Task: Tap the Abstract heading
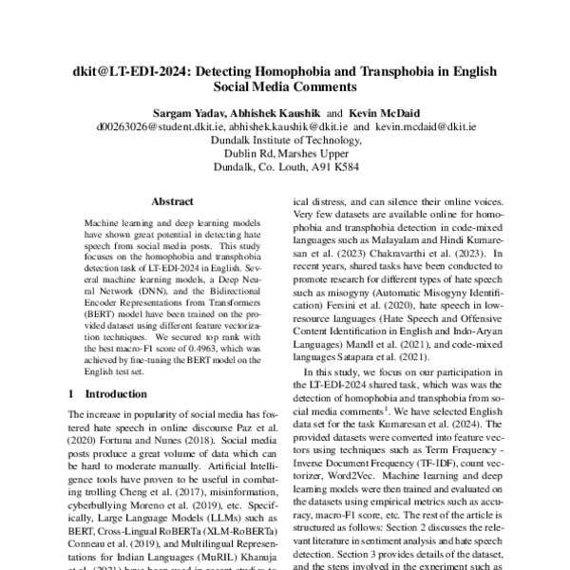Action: coord(172,202)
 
